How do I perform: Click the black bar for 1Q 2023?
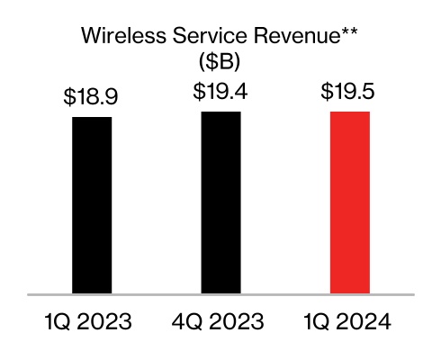pyautogui.click(x=92, y=205)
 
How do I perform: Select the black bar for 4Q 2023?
pyautogui.click(x=221, y=202)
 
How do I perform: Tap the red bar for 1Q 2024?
pyautogui.click(x=350, y=202)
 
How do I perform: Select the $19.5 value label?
pyautogui.click(x=350, y=93)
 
